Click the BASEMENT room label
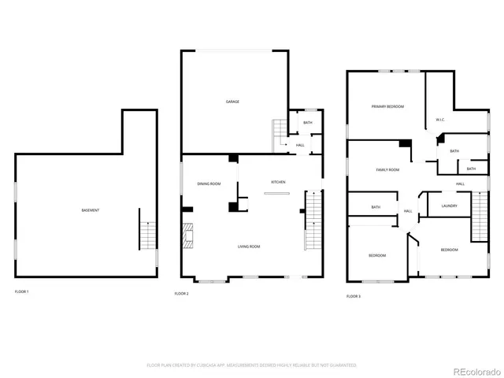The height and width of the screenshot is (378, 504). (90, 210)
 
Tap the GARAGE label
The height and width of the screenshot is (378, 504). (232, 102)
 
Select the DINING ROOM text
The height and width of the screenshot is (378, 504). (209, 183)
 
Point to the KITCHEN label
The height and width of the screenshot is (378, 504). (278, 182)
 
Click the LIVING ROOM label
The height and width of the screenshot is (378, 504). (249, 246)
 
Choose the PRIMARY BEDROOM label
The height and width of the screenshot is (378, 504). (387, 106)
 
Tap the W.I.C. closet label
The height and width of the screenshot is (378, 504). (440, 120)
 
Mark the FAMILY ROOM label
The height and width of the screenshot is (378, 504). (387, 169)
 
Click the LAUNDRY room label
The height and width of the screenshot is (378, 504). (449, 206)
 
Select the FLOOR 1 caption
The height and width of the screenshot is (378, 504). (22, 292)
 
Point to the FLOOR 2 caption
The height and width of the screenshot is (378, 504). (182, 294)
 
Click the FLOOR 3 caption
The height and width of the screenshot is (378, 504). (354, 296)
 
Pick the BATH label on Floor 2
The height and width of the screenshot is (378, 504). (307, 123)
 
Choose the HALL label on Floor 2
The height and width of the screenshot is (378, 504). (300, 145)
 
